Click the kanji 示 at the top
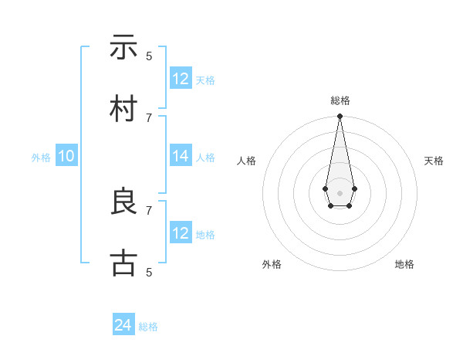click(x=123, y=47)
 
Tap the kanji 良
click(x=123, y=202)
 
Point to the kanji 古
click(x=123, y=263)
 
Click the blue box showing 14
click(x=181, y=156)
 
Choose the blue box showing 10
click(x=66, y=156)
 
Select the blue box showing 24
click(x=123, y=326)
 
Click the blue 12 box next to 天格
click(x=181, y=79)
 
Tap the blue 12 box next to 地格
click(x=181, y=233)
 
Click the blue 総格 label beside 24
click(x=148, y=327)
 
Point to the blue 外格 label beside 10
click(x=41, y=157)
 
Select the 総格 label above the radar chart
click(x=340, y=100)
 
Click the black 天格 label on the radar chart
click(x=434, y=161)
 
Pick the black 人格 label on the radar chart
click(x=246, y=161)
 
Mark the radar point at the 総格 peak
click(x=340, y=116)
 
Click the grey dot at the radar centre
click(x=340, y=192)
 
